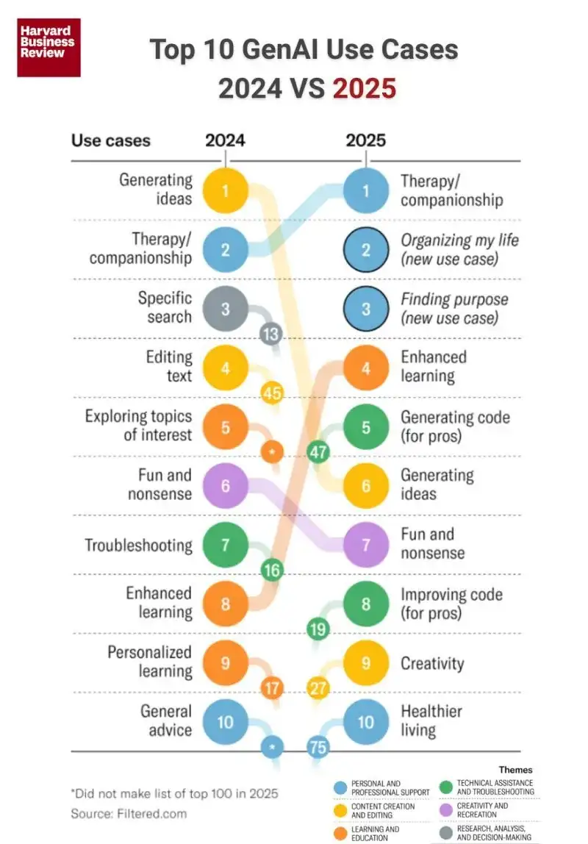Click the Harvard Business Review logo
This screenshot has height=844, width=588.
click(49, 47)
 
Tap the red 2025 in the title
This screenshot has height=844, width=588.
click(365, 88)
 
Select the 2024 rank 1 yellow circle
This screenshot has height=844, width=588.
click(225, 191)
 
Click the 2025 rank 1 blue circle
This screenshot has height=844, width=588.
click(366, 191)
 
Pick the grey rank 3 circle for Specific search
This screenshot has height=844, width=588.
click(225, 309)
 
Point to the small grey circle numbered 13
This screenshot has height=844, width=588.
click(271, 335)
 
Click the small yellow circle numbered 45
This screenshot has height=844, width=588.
click(272, 393)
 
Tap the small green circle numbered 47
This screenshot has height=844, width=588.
click(318, 451)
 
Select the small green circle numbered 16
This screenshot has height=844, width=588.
click(272, 570)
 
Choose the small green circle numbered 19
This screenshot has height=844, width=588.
click(318, 629)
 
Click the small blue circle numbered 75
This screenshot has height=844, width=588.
click(318, 748)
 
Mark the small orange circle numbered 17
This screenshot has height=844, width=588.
click(272, 689)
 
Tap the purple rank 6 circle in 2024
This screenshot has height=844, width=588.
click(225, 486)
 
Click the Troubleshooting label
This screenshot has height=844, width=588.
click(138, 546)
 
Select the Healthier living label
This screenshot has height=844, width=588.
click(431, 721)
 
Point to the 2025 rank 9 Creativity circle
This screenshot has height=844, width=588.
click(366, 663)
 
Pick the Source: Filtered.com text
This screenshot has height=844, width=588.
click(129, 813)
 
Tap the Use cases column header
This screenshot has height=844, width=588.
click(110, 140)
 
